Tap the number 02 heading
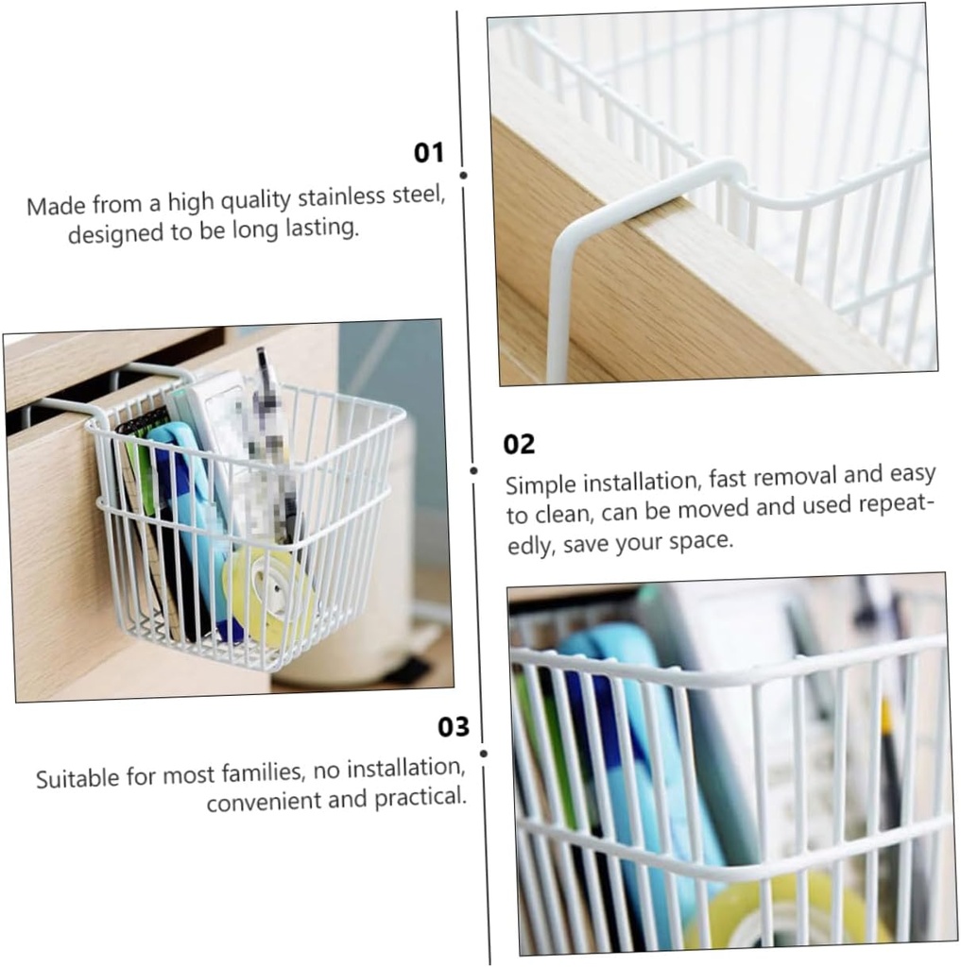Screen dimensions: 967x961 click(519, 444)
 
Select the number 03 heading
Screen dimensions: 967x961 click(454, 726)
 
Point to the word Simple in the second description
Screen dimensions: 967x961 click(541, 485)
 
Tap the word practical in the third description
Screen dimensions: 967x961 click(422, 797)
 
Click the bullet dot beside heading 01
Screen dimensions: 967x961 click(463, 175)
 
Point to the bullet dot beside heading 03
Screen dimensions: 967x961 click(483, 753)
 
